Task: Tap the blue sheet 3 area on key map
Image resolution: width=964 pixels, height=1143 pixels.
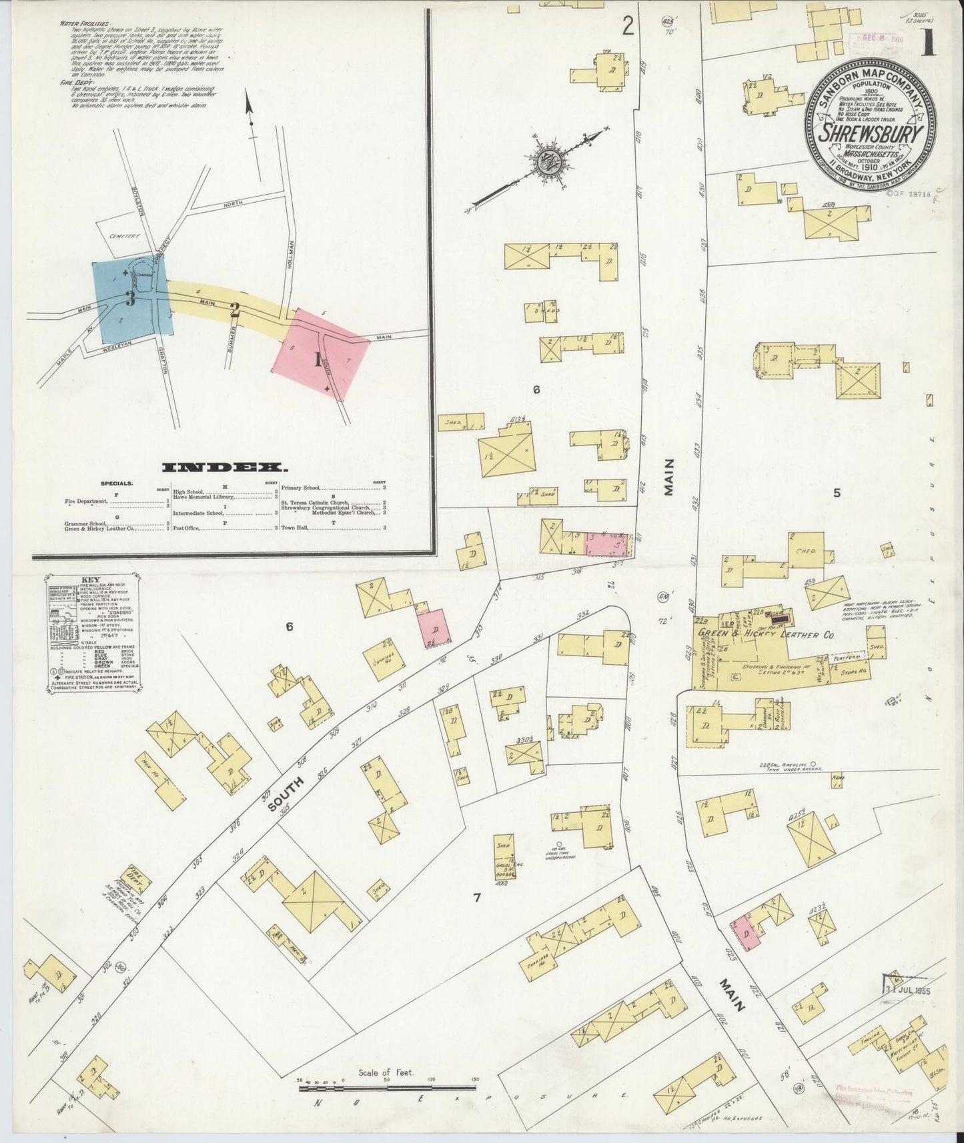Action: (131, 299)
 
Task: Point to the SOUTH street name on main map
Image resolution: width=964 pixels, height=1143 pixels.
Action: (282, 794)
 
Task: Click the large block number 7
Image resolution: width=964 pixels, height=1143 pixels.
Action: (476, 897)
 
